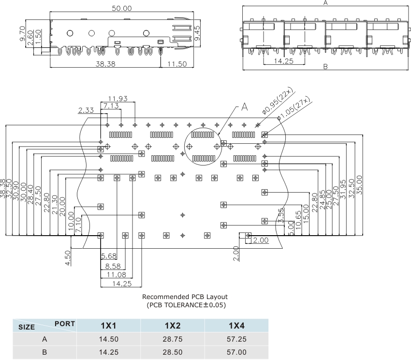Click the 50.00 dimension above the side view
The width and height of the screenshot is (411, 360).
point(122,9)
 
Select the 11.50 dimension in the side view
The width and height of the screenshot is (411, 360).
point(176,64)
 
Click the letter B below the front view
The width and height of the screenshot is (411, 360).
point(325,67)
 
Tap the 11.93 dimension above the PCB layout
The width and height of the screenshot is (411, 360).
point(117,99)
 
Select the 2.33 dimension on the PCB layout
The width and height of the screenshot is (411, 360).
point(86,110)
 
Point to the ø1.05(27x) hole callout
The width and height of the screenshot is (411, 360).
point(294,109)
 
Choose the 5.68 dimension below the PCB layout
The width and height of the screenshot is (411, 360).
point(109,255)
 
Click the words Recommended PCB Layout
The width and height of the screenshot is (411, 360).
point(185,297)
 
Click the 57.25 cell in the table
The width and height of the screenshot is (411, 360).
point(236,339)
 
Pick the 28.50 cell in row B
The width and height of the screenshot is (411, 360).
point(173,352)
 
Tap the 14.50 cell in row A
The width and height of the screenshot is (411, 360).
point(108,339)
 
